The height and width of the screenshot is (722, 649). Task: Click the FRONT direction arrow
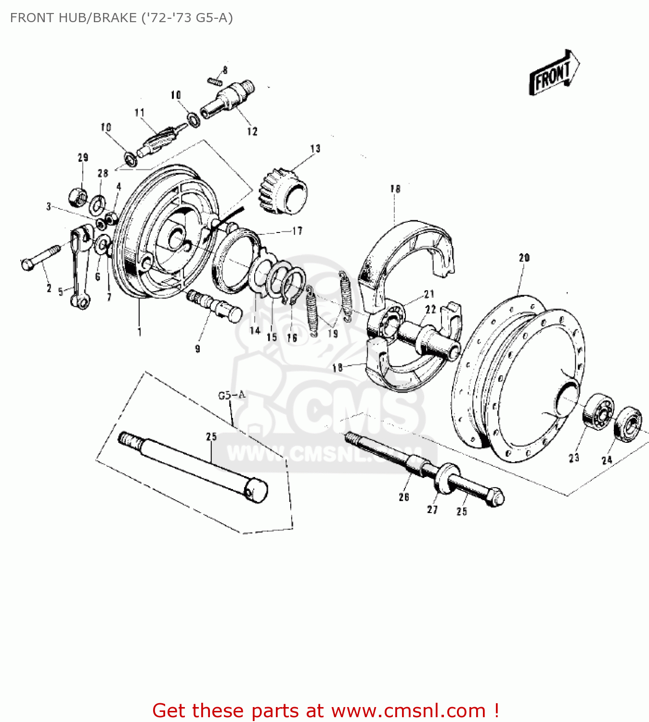[x=554, y=74]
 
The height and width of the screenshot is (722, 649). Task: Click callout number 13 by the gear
[x=315, y=149]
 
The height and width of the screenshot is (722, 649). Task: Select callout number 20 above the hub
[x=524, y=258]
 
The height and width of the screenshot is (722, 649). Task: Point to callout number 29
[x=83, y=157]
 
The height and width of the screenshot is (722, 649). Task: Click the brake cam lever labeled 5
[x=78, y=267]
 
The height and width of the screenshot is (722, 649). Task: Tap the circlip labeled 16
[x=294, y=286]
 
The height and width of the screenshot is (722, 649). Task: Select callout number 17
[x=297, y=231]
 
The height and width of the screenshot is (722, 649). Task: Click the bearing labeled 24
[x=628, y=424]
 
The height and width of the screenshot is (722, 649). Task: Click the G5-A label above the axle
[x=232, y=395]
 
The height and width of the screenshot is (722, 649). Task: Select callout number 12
[x=252, y=131]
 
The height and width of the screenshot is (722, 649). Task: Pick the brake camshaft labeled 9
[x=214, y=305]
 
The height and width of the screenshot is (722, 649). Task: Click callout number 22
[x=430, y=309]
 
